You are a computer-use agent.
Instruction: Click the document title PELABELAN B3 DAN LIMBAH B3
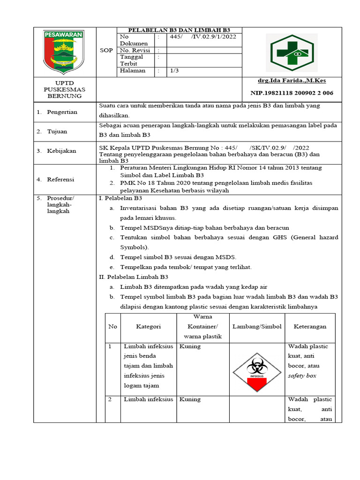pos(180,30)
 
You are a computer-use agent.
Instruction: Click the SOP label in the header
pos(106,51)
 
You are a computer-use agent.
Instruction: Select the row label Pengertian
pos(62,112)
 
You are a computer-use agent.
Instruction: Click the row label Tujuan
pos(57,132)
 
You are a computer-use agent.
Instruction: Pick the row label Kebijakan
pos(61,151)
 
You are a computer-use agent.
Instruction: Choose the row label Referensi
pos(60,179)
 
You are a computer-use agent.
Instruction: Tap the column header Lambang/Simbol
pos(257,327)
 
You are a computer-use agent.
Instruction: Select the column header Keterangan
pos(310,327)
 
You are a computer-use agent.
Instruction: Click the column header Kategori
pos(149,327)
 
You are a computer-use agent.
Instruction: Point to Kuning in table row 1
pos(190,346)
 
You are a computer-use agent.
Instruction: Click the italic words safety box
pos(302,376)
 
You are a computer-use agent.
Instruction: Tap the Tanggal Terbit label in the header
pos(132,60)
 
